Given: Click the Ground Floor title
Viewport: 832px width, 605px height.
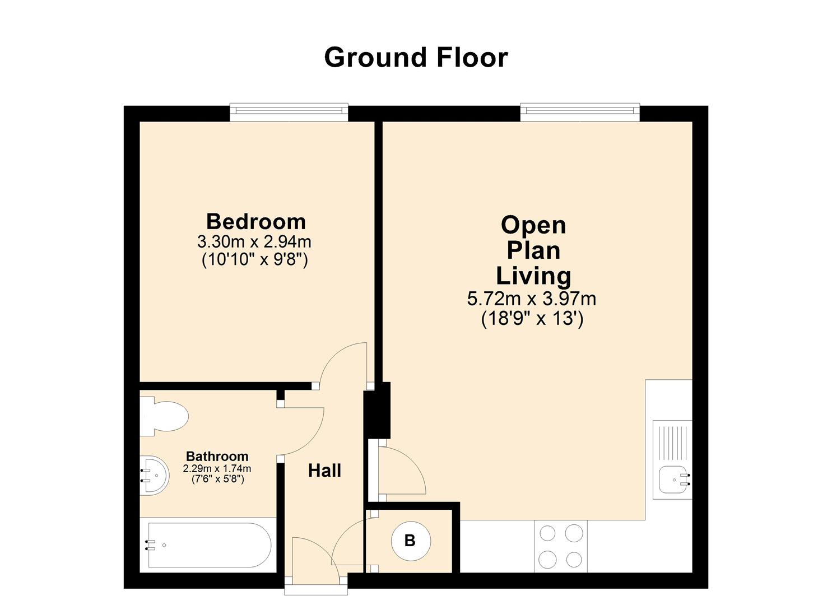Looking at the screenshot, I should (x=416, y=58).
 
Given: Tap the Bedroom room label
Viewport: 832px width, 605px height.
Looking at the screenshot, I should (x=256, y=221).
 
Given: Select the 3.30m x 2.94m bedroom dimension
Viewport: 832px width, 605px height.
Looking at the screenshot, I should (x=254, y=242).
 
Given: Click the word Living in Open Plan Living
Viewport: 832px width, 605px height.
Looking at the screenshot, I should (x=533, y=276).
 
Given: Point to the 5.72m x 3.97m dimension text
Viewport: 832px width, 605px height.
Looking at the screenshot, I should (x=532, y=299).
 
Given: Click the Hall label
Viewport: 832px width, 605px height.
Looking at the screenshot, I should (x=324, y=471).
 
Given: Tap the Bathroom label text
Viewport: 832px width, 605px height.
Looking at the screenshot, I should (x=217, y=456).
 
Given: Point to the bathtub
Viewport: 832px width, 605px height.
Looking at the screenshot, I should (x=208, y=545).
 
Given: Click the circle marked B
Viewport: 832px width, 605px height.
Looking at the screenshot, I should (x=410, y=541).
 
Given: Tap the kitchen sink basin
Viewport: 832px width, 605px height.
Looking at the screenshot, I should (x=674, y=480).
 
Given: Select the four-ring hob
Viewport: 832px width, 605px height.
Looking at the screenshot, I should (x=560, y=546).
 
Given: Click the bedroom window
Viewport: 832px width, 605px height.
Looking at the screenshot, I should (x=289, y=111).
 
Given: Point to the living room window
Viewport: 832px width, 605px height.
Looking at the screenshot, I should (x=580, y=111).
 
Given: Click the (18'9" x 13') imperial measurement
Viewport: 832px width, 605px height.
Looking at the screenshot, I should (x=532, y=319).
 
